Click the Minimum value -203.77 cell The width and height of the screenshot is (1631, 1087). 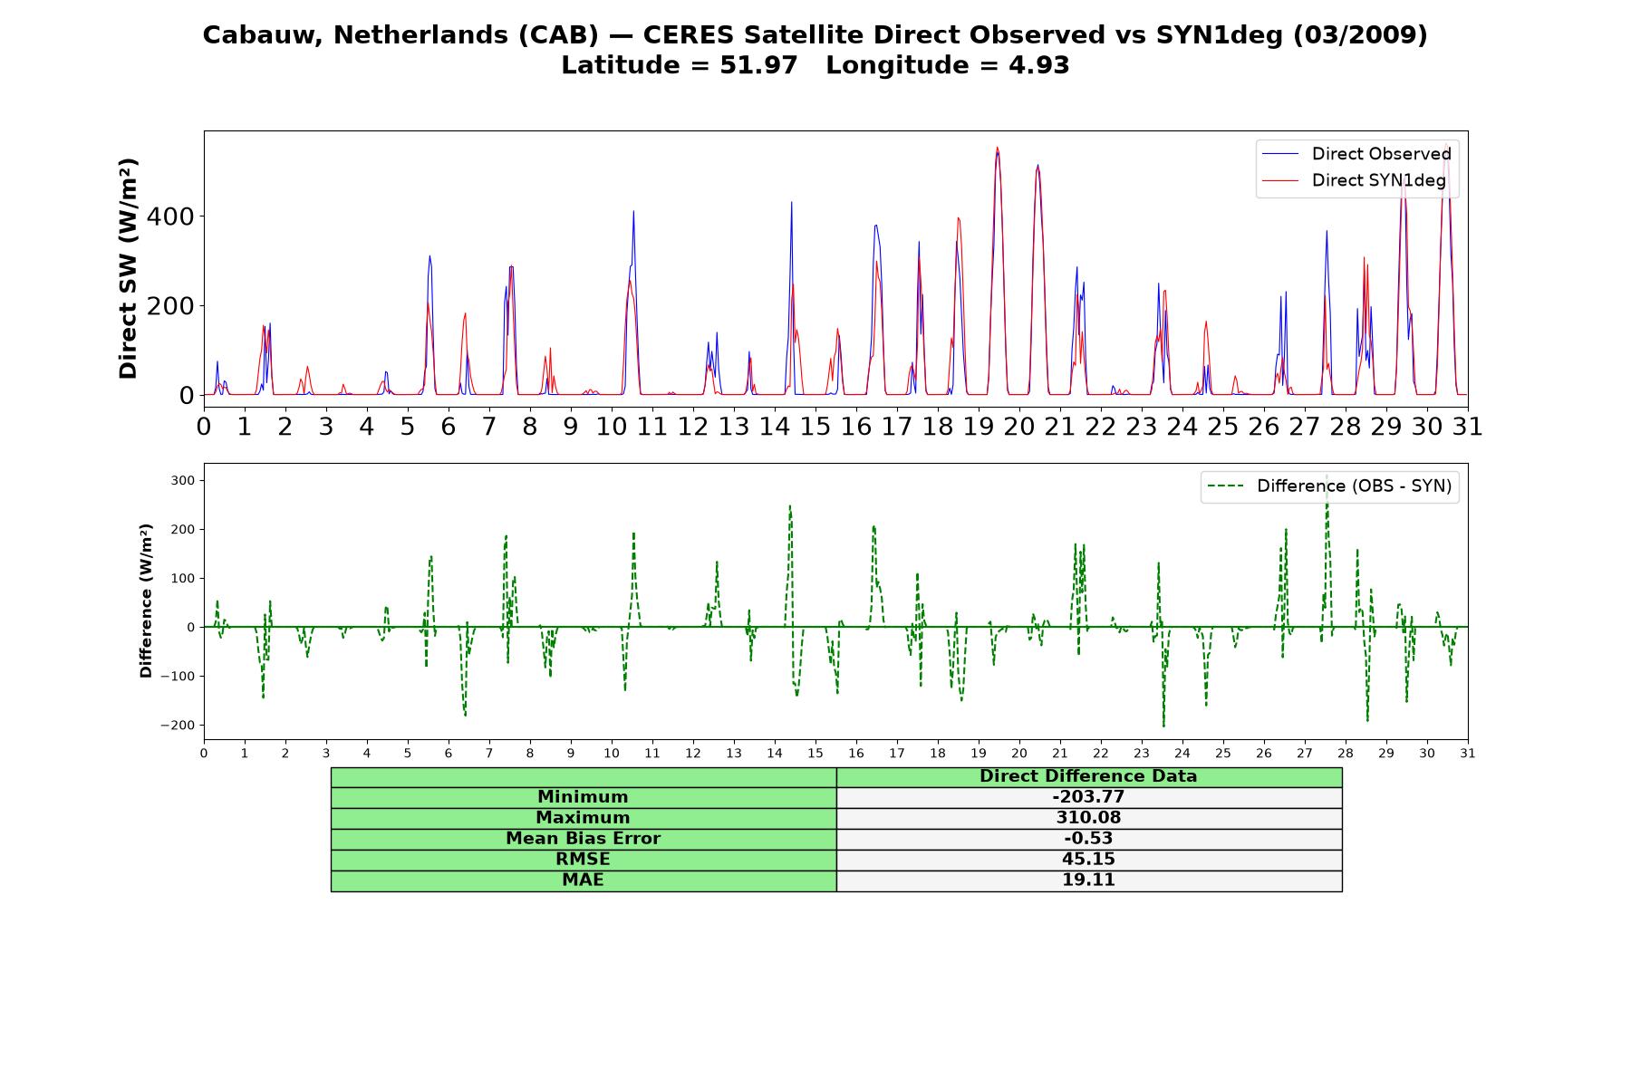coord(1088,797)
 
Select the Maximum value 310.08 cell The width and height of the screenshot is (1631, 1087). coord(1088,818)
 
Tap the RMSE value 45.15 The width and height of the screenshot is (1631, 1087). coord(1088,860)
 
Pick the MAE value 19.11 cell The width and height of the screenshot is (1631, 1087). coord(1088,880)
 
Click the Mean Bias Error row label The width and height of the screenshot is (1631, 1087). coord(583,839)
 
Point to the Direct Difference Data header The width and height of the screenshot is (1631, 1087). coord(1088,776)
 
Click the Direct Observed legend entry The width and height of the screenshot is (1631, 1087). coord(1357,154)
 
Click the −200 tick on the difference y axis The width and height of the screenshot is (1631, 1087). coord(178,725)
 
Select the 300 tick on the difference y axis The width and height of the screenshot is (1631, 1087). coord(182,480)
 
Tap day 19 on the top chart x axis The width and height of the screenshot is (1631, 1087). coord(978,426)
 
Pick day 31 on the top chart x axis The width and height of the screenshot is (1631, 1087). coord(1467,426)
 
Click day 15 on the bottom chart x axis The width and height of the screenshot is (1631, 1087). coord(815,753)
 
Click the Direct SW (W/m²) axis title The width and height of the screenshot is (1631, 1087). coord(128,268)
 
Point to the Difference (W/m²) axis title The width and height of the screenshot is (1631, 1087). coord(146,601)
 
